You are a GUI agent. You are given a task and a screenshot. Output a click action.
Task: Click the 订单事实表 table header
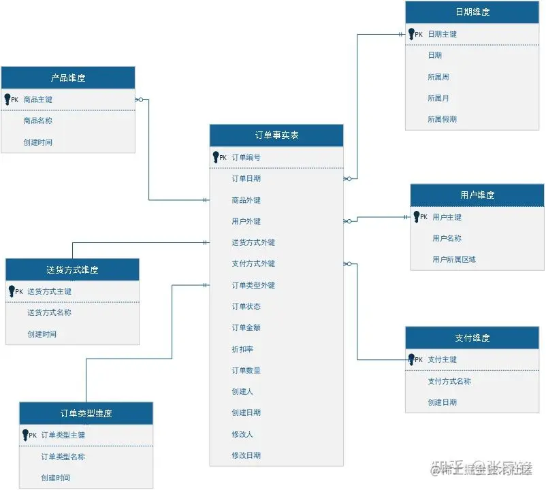(x=276, y=135)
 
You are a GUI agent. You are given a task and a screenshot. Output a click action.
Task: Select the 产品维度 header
(x=68, y=78)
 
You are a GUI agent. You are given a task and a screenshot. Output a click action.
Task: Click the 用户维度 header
(x=477, y=195)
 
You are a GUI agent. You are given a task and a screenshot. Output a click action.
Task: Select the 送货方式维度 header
(x=72, y=269)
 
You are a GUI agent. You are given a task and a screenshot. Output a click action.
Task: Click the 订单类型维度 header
(x=86, y=413)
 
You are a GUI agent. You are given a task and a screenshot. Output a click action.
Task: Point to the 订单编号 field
(x=246, y=157)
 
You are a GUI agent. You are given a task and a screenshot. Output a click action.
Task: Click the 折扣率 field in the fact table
(x=243, y=349)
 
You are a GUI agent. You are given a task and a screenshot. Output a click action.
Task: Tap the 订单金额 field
(x=246, y=327)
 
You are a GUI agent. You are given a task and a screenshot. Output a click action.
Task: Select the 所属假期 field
(x=442, y=119)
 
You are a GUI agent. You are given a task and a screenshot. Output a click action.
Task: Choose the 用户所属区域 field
(x=453, y=259)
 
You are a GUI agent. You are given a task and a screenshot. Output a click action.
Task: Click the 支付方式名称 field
(x=449, y=381)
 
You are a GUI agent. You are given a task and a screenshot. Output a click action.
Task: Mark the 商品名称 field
(x=37, y=120)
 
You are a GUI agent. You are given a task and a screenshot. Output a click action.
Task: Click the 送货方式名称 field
(x=49, y=312)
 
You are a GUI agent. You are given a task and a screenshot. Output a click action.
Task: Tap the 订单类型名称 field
(x=63, y=457)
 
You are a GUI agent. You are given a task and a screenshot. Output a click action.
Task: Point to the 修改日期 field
(x=246, y=455)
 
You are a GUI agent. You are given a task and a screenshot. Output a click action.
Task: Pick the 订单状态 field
(x=246, y=306)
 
